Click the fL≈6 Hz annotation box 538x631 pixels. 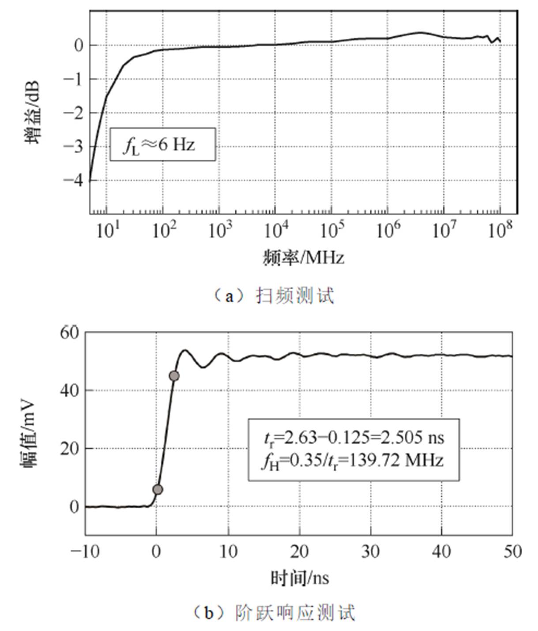tap(162, 144)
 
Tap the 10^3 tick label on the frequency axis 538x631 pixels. tap(219, 230)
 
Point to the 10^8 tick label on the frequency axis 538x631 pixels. tap(500, 230)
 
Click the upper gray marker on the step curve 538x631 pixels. tap(174, 376)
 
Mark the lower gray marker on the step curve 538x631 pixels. tap(158, 489)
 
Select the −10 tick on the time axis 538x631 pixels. tap(86, 552)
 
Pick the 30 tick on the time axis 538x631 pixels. tap(370, 552)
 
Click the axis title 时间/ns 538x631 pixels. tap(300, 578)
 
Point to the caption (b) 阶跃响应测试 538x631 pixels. tap(274, 613)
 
